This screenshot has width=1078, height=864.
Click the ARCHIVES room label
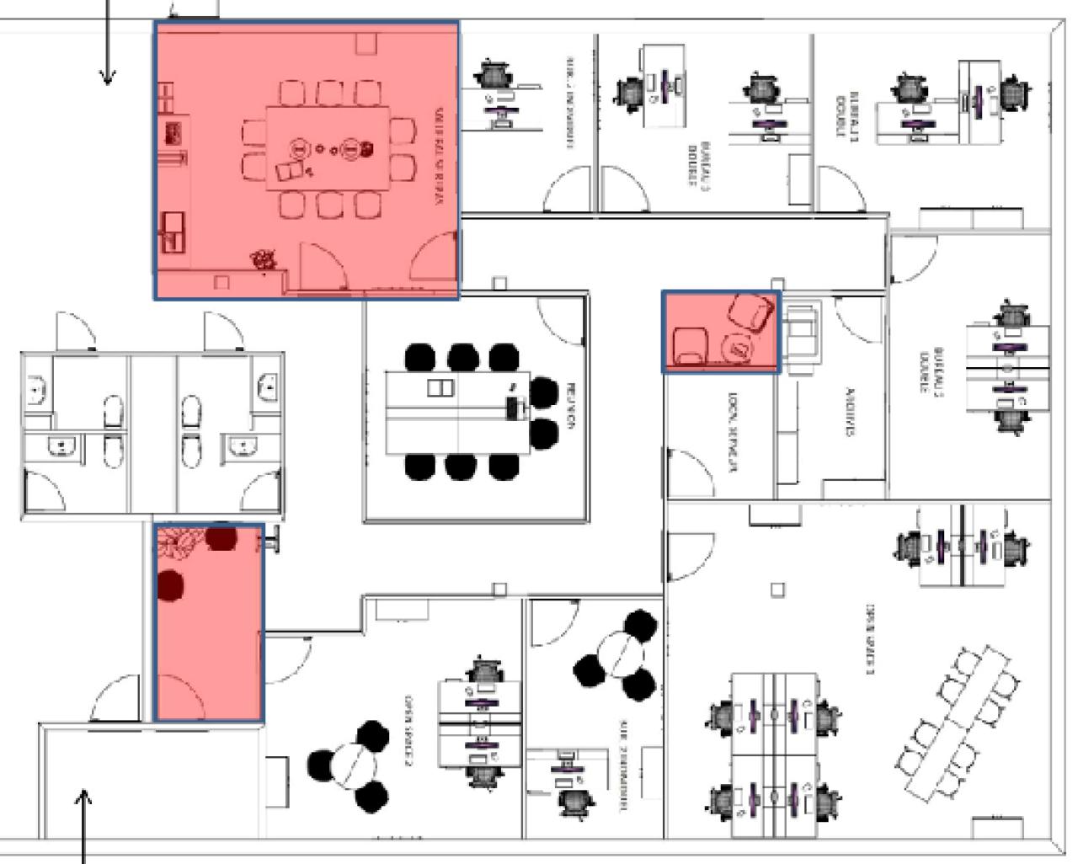tap(851, 412)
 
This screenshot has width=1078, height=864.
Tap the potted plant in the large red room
tap(264, 259)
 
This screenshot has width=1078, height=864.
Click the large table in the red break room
tap(328, 149)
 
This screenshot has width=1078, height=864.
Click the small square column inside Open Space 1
tap(777, 589)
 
